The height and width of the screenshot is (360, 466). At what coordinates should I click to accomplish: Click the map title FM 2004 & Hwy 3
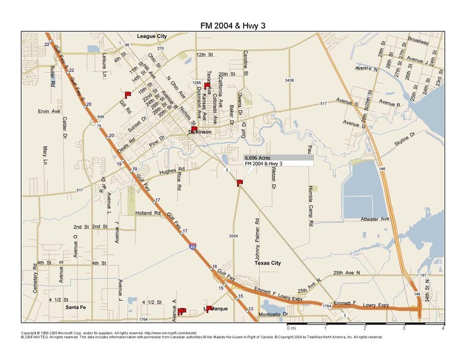[233, 26]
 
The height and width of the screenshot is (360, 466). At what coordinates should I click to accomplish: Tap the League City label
[152, 37]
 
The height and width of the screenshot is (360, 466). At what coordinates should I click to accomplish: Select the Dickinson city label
[200, 132]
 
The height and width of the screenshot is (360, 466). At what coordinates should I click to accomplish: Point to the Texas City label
[268, 263]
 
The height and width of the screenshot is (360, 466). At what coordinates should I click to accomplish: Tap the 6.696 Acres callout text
[258, 157]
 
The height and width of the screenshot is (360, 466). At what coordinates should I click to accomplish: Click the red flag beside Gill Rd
[127, 94]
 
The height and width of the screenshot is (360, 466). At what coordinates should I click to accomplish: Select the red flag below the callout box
[240, 182]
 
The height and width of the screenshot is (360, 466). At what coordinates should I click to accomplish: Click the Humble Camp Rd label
[310, 206]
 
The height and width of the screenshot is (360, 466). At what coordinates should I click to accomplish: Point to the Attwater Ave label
[375, 219]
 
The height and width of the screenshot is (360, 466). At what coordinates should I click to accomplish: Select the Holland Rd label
[148, 213]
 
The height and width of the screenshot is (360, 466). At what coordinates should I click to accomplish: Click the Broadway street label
[418, 41]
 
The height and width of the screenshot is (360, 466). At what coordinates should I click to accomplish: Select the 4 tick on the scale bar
[442, 329]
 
